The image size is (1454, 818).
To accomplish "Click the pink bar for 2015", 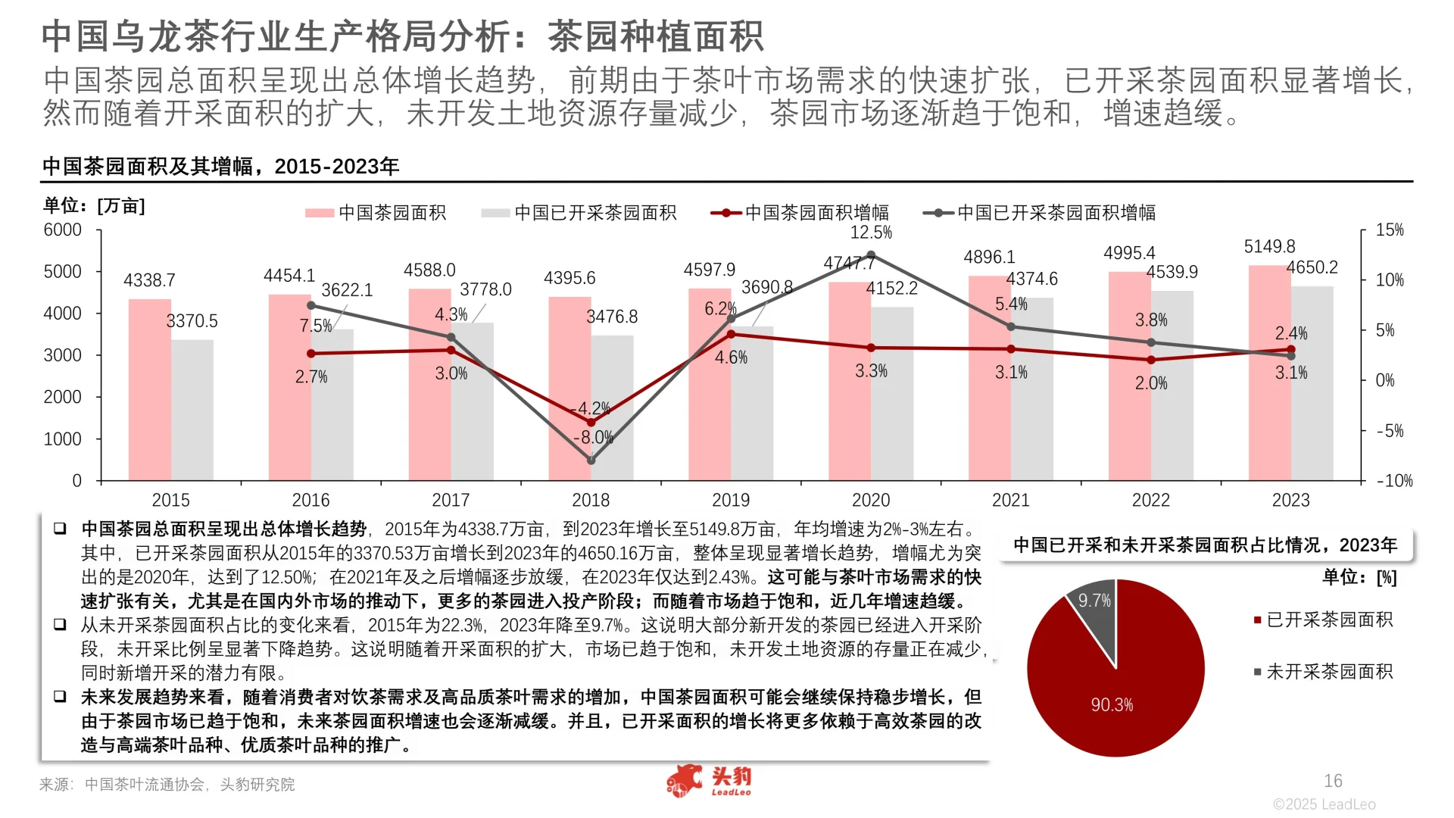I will point(149,390).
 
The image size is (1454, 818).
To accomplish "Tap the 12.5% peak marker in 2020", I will point(871,255).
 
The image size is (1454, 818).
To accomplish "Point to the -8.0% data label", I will point(593,438).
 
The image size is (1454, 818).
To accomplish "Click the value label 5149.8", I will point(1269,247).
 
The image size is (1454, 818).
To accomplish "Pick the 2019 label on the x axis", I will point(731,500).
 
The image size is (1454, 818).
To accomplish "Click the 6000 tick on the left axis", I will point(63,230).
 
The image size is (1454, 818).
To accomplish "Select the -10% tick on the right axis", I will point(1394,481).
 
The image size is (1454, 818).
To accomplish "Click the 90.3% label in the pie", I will point(1112,705).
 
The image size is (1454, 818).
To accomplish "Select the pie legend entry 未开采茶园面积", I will point(1329,672).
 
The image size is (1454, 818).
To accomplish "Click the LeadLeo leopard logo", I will point(685,781).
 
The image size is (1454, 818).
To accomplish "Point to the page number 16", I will point(1333,781).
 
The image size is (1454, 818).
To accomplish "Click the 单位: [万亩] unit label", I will point(94,206).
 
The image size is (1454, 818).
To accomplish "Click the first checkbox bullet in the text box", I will point(60,529).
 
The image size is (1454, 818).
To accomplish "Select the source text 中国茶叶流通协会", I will point(144,785).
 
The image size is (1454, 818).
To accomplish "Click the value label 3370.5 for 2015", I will point(192,321).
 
